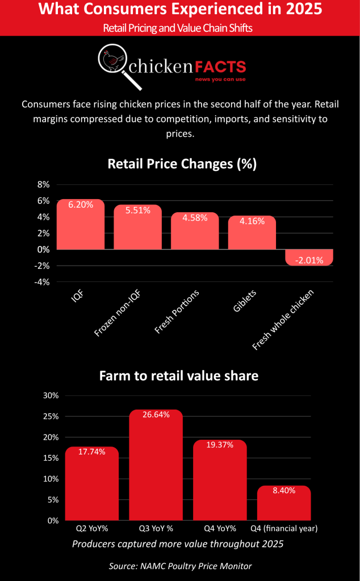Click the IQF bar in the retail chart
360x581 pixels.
81,224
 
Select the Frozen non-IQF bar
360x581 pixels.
137,227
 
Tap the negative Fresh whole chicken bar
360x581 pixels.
309,258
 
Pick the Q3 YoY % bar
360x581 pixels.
156,465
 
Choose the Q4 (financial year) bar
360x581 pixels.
283,503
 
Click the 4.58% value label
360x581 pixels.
195,218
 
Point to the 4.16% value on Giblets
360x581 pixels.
252,221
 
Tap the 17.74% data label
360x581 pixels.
91,452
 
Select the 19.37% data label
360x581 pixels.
220,445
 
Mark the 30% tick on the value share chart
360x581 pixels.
51,395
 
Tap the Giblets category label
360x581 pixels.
245,301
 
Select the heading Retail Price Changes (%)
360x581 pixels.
182,164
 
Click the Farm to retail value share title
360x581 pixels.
179,376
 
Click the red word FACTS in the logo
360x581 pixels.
220,67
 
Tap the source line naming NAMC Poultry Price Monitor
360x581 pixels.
180,566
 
